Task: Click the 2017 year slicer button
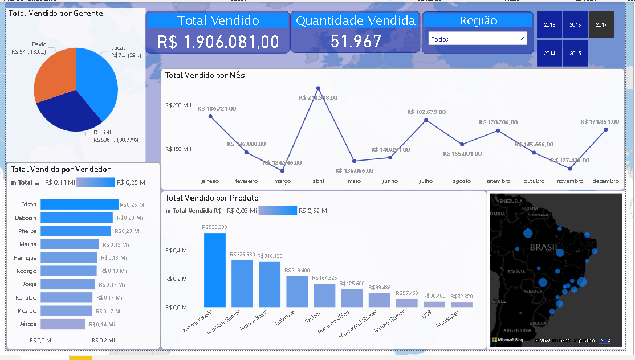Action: (601, 25)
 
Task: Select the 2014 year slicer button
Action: (549, 53)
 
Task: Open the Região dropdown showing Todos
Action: (478, 39)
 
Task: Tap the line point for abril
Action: (318, 88)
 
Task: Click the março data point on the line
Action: (282, 171)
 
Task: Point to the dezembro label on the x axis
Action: (605, 181)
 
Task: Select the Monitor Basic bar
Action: (215, 270)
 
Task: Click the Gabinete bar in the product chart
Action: (297, 292)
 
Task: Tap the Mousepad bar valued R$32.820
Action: (461, 305)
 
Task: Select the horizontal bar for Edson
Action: (79, 204)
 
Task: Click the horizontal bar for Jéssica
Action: (62, 324)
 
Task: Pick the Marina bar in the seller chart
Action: (70, 244)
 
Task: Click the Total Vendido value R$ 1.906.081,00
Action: (218, 42)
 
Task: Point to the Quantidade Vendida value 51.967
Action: (355, 42)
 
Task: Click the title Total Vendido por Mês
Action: (205, 75)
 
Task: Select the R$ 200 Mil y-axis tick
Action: (178, 105)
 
